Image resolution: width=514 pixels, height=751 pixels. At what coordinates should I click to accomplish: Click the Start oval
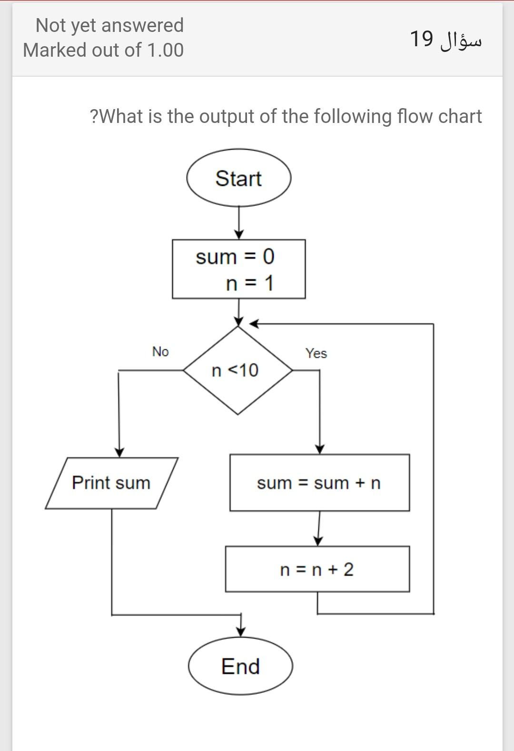coord(238,178)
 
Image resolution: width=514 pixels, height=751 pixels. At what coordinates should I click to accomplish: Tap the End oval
coord(240,666)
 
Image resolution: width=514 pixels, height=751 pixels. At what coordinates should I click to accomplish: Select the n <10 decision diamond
coord(237,370)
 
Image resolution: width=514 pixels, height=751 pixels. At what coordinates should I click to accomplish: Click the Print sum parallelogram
coord(111,483)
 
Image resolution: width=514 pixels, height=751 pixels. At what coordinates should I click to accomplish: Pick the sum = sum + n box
coord(319,483)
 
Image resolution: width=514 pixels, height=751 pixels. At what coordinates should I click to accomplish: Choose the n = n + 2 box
coord(317,569)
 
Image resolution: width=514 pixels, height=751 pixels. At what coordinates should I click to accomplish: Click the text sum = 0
coord(235,257)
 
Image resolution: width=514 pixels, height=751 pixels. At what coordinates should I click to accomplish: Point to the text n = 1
coord(250,284)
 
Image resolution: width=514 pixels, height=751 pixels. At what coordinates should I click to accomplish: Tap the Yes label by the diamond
coord(316,353)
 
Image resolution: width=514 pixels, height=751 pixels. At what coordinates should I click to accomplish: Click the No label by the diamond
coord(160,352)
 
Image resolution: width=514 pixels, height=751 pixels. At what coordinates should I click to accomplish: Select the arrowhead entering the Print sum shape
coord(119,452)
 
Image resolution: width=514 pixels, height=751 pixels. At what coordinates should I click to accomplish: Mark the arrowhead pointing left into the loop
coord(255,324)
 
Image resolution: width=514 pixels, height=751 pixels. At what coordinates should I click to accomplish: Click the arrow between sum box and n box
coord(319,529)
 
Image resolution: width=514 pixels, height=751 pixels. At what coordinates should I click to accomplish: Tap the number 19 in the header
coord(421,39)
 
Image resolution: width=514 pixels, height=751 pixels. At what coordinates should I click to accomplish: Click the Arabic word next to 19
coord(461,40)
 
